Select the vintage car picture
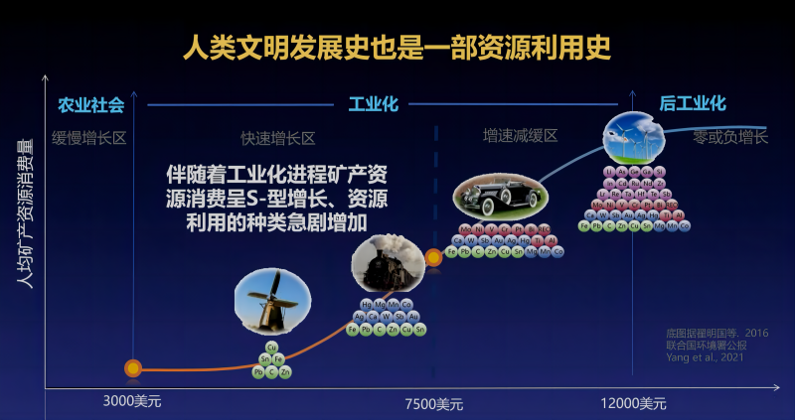[x=497, y=194]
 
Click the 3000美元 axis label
[x=132, y=403]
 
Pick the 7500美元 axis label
[x=434, y=404]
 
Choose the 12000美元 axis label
[x=633, y=404]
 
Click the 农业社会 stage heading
[x=90, y=104]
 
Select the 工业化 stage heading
[x=375, y=104]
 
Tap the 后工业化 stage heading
[x=693, y=103]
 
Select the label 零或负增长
[x=730, y=137]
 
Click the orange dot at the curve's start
[x=133, y=368]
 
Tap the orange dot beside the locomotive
[x=434, y=257]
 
